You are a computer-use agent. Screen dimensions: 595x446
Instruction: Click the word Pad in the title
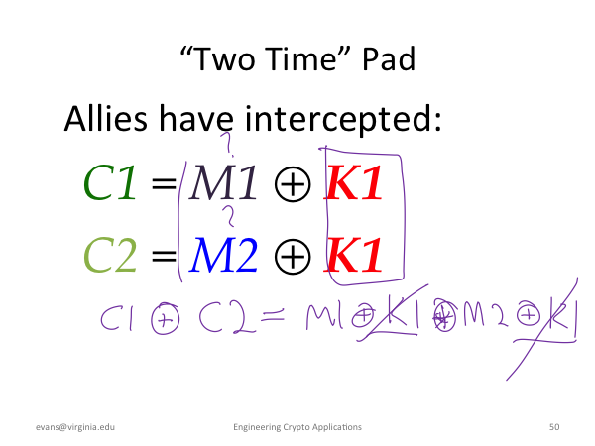click(389, 59)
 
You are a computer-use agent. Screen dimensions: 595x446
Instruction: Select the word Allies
click(106, 118)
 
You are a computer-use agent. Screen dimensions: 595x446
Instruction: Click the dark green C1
click(110, 182)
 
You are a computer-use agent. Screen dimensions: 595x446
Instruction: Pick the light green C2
click(110, 254)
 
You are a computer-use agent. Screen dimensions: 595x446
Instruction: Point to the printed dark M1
click(223, 182)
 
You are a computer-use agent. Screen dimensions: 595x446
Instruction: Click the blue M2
click(223, 254)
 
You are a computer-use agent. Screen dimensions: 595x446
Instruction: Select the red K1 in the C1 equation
click(353, 182)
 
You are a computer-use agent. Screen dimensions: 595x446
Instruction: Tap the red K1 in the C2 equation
click(353, 254)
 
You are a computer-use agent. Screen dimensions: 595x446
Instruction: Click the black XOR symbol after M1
click(293, 184)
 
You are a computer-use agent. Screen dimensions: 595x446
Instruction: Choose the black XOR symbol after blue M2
click(293, 257)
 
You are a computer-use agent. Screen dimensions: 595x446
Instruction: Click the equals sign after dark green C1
click(164, 184)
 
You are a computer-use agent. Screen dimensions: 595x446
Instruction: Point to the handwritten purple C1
click(117, 318)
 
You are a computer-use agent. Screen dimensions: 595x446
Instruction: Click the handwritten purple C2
click(227, 317)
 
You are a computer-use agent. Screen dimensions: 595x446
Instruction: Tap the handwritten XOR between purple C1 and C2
click(166, 318)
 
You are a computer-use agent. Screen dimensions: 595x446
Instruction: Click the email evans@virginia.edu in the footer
click(75, 427)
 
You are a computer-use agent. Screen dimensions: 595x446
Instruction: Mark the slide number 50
click(554, 427)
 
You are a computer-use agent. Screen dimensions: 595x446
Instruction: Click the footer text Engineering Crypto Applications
click(297, 427)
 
